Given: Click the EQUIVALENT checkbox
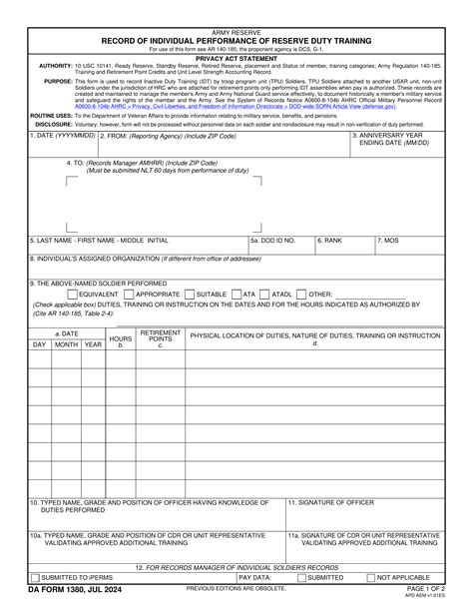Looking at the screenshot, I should click(x=72, y=295).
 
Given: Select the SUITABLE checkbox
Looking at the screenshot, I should click(x=189, y=295).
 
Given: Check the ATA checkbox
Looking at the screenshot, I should click(x=236, y=295).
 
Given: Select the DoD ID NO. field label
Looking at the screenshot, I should click(x=273, y=241).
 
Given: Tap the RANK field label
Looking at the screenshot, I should click(x=331, y=241).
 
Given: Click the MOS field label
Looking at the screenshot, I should click(x=389, y=241).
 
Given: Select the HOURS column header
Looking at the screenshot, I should click(x=121, y=339).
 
